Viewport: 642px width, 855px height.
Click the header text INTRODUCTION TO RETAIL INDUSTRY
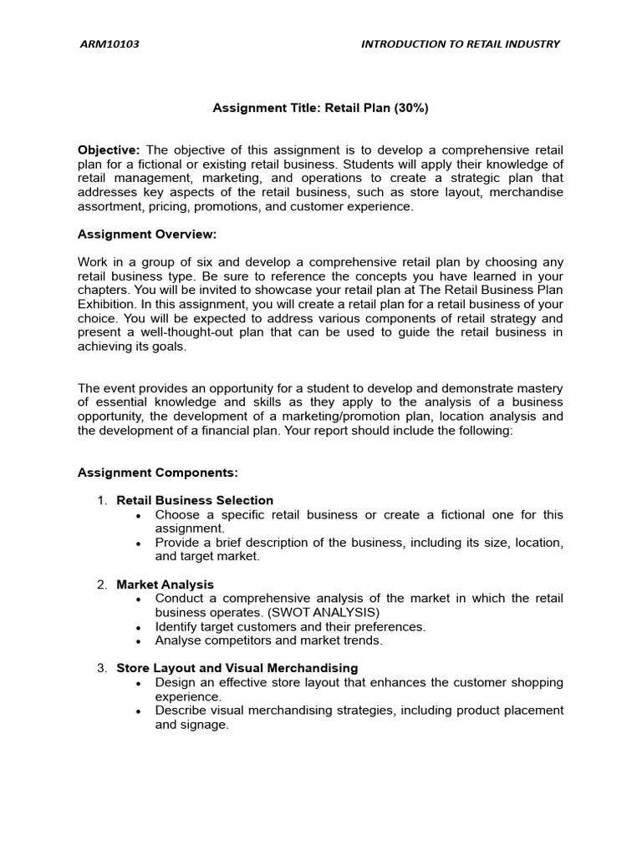460,44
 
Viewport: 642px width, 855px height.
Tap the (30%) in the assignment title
410,108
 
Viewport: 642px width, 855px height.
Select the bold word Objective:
110,149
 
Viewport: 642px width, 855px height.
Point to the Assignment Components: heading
158,473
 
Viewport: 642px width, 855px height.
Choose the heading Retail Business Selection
195,501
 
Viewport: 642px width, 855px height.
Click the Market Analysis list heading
165,584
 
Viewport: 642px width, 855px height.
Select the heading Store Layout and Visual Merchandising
237,668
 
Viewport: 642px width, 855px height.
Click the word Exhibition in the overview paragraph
106,305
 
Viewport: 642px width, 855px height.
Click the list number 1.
101,501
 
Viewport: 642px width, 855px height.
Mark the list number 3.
101,668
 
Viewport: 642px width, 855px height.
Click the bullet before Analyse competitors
138,641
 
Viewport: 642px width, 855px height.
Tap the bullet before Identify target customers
138,627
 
